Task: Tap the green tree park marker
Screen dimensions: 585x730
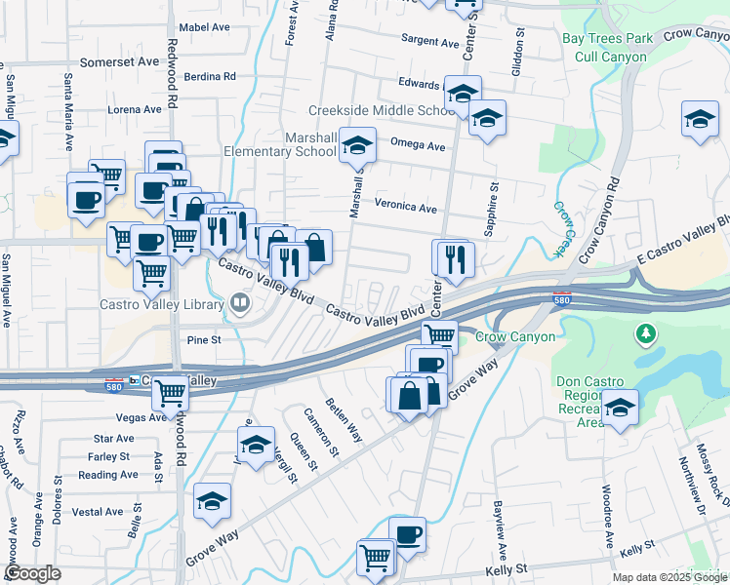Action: click(x=645, y=335)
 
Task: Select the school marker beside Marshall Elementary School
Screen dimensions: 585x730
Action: click(x=358, y=146)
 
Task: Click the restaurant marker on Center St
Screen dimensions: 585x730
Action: click(x=453, y=257)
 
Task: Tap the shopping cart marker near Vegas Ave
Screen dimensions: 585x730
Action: click(x=171, y=393)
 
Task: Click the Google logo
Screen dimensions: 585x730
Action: click(x=33, y=573)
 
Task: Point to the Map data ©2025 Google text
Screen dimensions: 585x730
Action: click(x=669, y=577)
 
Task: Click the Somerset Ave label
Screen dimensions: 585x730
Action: click(x=119, y=61)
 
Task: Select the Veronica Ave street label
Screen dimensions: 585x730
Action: click(x=406, y=207)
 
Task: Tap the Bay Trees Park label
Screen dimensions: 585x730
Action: click(x=607, y=40)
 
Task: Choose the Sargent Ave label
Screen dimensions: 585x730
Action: click(x=430, y=43)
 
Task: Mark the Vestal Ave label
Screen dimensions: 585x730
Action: click(x=97, y=512)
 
